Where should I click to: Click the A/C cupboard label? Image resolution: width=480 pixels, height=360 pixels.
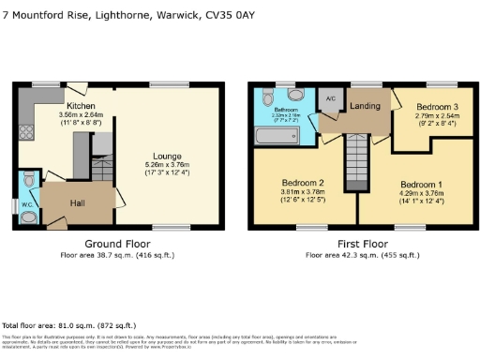(x=329, y=98)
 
